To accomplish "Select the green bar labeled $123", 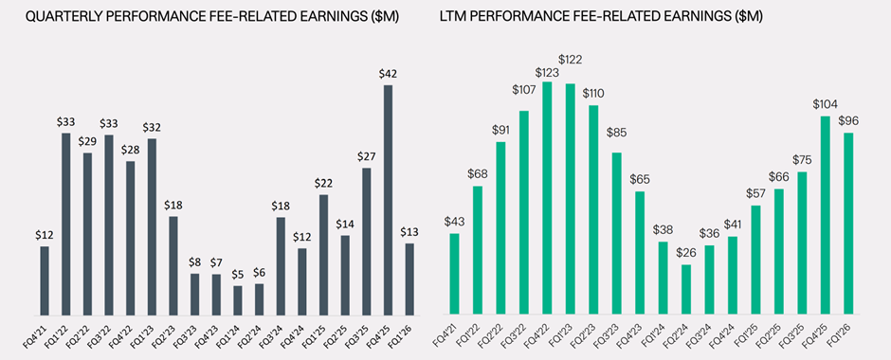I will click(546, 199).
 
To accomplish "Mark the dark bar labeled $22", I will click(323, 255).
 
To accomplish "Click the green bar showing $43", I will click(455, 275).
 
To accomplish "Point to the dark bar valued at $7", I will click(216, 296).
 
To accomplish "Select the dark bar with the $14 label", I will click(345, 276).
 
